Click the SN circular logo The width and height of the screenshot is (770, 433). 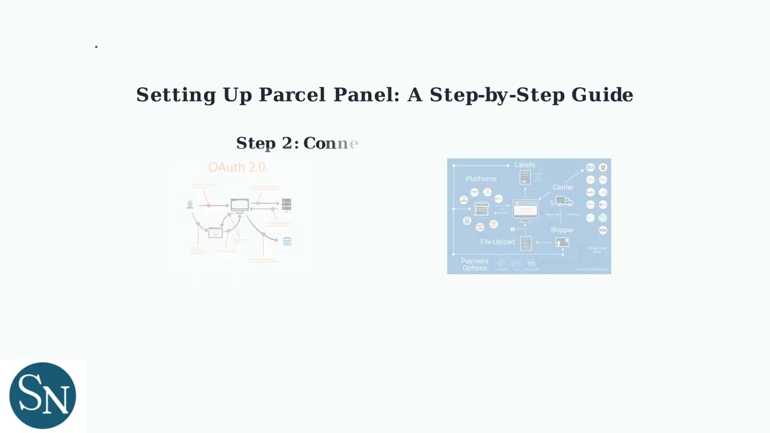[43, 395]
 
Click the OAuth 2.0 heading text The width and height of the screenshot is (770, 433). [236, 167]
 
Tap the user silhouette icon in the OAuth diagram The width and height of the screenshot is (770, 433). [190, 204]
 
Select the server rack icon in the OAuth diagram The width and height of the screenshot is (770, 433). [286, 204]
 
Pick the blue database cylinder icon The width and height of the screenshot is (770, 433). [287, 241]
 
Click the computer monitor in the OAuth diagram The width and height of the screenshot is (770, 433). [239, 206]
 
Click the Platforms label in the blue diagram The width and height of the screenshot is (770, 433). [481, 179]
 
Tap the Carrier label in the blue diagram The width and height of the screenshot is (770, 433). [563, 187]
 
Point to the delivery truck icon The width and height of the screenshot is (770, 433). [564, 201]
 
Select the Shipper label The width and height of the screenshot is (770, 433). [562, 230]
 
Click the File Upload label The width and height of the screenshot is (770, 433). [497, 242]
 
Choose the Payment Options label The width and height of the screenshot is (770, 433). [475, 265]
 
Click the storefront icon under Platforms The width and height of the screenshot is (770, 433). [481, 209]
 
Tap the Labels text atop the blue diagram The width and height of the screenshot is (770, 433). [525, 165]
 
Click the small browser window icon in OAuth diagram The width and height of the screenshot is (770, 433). [215, 233]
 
